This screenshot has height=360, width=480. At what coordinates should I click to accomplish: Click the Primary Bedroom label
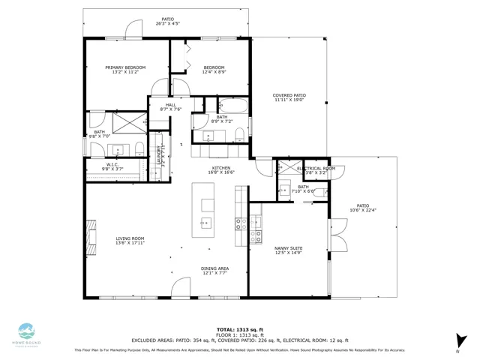tap(125, 70)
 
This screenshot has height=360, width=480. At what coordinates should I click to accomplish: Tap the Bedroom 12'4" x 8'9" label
tap(214, 70)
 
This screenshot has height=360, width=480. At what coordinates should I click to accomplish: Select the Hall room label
tap(170, 107)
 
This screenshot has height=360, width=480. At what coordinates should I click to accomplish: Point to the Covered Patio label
tap(289, 97)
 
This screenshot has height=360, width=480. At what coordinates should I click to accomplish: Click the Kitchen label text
tap(220, 170)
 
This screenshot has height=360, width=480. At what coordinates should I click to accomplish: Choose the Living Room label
tap(130, 241)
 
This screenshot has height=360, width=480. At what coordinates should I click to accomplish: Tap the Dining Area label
tap(214, 271)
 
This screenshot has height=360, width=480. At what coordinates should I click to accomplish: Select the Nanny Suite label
tap(288, 250)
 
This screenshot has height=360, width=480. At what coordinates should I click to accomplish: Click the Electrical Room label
tap(315, 170)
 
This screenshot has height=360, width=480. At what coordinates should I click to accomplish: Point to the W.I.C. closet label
tap(112, 167)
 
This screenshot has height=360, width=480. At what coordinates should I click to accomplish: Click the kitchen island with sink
tap(203, 209)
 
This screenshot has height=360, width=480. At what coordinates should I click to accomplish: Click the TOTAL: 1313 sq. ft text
tap(239, 329)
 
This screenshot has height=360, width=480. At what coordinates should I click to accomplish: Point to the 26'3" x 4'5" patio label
tap(168, 22)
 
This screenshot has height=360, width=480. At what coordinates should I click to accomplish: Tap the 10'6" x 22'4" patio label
tap(363, 208)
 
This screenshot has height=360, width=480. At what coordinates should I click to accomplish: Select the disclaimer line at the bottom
tap(239, 350)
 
